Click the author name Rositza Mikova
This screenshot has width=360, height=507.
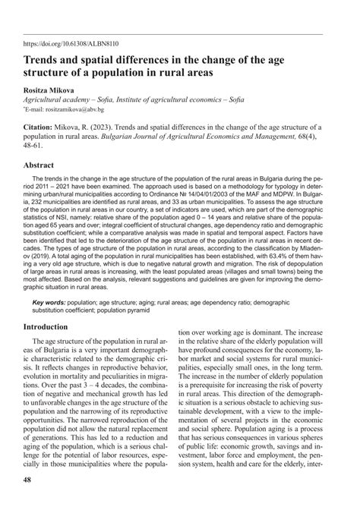pos(52,89)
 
